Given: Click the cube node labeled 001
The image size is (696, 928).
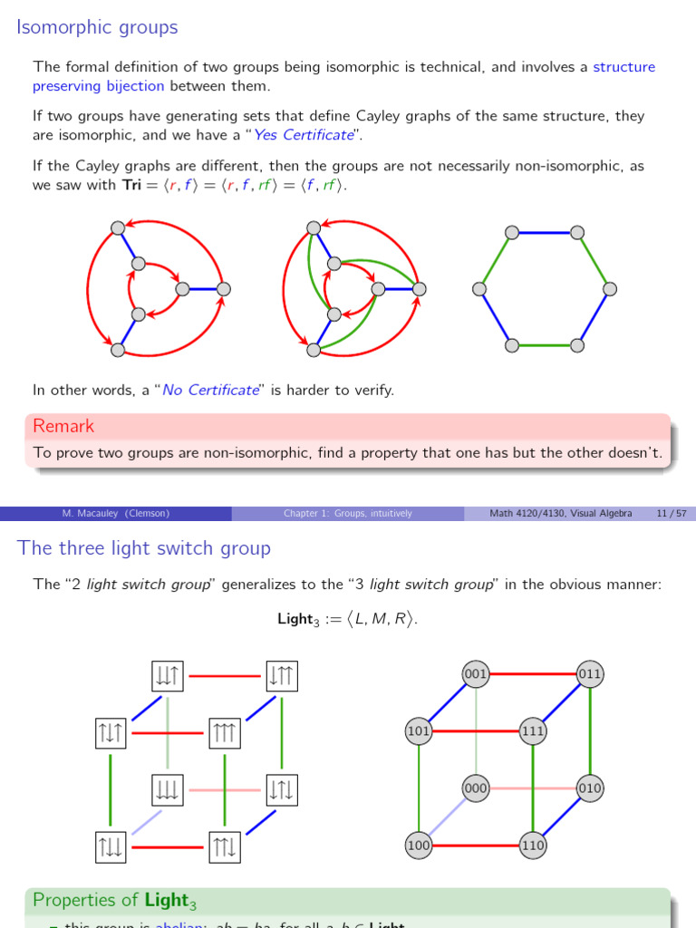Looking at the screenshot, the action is coord(476,674).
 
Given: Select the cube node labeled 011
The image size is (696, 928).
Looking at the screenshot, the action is coord(590,674).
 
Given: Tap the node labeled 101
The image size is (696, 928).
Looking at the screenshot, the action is coord(419,731).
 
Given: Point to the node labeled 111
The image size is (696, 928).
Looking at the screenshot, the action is coord(532,731).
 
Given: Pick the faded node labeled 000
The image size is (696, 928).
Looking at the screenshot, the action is coord(476,788).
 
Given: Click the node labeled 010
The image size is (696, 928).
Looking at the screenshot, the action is coord(590,788).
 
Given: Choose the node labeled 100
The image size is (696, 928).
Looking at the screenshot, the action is coord(419,846).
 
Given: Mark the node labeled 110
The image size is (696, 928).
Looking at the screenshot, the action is coord(532,846).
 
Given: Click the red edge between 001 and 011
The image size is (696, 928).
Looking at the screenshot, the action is coord(533,674).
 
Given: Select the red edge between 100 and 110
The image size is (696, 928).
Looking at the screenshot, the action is coord(475,846).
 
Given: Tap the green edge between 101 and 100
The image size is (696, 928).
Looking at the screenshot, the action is coord(419,788).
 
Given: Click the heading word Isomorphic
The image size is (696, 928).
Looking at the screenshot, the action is coord(61,27).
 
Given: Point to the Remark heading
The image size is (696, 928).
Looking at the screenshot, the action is coord(63,426).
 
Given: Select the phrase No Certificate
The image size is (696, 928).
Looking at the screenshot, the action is coord(210,391).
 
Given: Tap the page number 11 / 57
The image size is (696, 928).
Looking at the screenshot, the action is coord(671,514).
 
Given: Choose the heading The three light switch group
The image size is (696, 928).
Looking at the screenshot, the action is coord(144,548).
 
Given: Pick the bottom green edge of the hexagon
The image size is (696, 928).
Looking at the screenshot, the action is coord(545,345).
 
